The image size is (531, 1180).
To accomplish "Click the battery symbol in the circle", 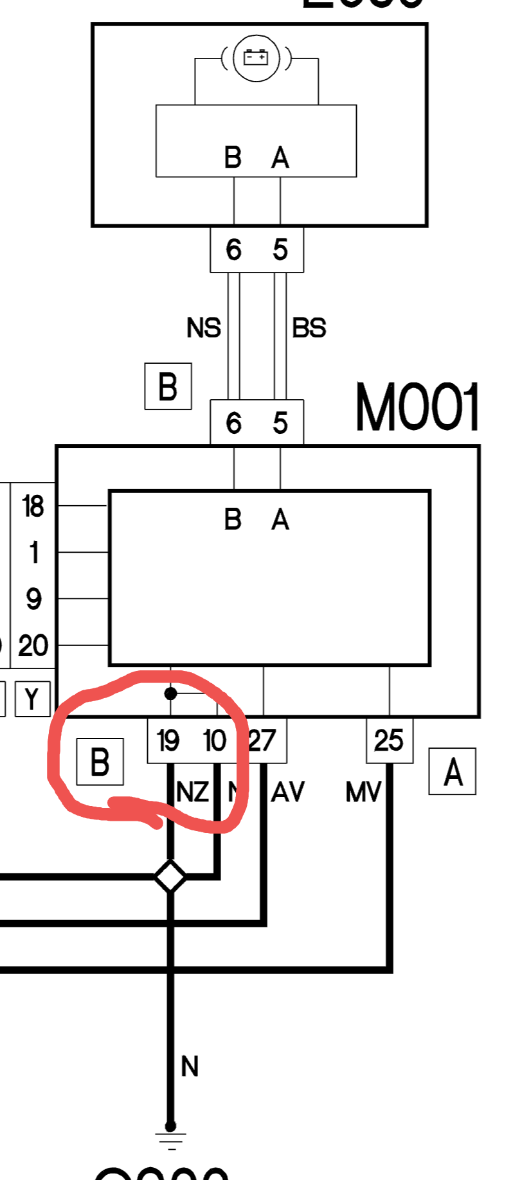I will [256, 58].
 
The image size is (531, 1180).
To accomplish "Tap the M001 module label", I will [417, 407].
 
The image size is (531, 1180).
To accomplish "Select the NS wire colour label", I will [203, 328].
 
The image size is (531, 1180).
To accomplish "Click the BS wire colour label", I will [309, 328].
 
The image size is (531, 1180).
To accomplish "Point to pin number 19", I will [168, 741].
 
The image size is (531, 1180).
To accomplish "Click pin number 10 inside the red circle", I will [215, 741].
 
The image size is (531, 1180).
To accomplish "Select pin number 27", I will [262, 741].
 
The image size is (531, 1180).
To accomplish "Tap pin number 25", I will [388, 740].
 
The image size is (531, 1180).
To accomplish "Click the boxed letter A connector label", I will [453, 771].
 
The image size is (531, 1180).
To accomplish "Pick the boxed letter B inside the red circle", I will [100, 762].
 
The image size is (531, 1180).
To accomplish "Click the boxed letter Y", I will [32, 699].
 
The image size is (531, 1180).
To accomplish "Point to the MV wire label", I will [363, 792].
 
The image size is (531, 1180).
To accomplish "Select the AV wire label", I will [287, 792].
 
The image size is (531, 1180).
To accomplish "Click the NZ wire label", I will [192, 792].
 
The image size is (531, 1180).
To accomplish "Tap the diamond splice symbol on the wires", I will [170, 877].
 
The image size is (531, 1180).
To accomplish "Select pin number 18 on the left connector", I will [33, 506].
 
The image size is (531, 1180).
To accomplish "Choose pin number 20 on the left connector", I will [33, 645].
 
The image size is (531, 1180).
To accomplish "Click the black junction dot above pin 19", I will [170, 693].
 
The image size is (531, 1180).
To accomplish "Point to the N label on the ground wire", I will [190, 1067].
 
